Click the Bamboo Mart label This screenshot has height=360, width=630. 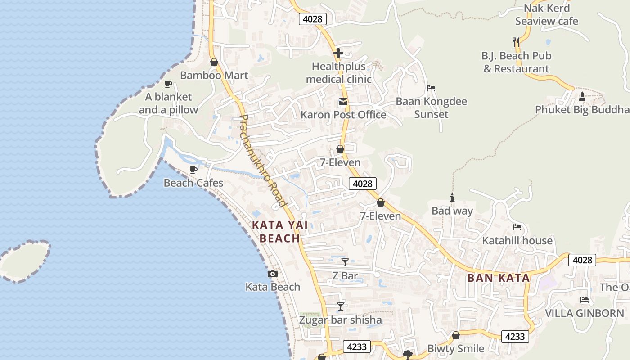point(214,75)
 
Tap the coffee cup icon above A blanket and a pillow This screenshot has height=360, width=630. point(168,84)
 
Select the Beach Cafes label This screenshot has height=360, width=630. point(193,183)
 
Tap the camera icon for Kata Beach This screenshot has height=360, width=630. point(272,274)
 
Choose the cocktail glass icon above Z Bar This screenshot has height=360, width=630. point(345,262)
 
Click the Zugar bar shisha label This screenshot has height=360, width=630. point(341,320)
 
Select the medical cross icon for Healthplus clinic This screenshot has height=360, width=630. point(338,53)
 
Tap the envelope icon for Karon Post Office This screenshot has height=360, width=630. point(343,102)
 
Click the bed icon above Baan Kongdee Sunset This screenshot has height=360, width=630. point(431,88)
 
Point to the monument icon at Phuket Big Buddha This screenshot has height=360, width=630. point(582,96)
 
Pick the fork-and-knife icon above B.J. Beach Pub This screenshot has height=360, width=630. point(516,42)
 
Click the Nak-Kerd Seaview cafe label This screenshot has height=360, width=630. point(547,14)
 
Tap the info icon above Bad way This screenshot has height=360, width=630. point(452,198)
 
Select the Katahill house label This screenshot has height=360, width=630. point(517,241)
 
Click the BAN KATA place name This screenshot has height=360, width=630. point(499,278)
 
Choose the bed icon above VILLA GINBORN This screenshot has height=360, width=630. point(585,300)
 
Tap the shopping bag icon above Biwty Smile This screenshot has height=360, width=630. point(455,335)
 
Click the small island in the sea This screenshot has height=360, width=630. point(23,261)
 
